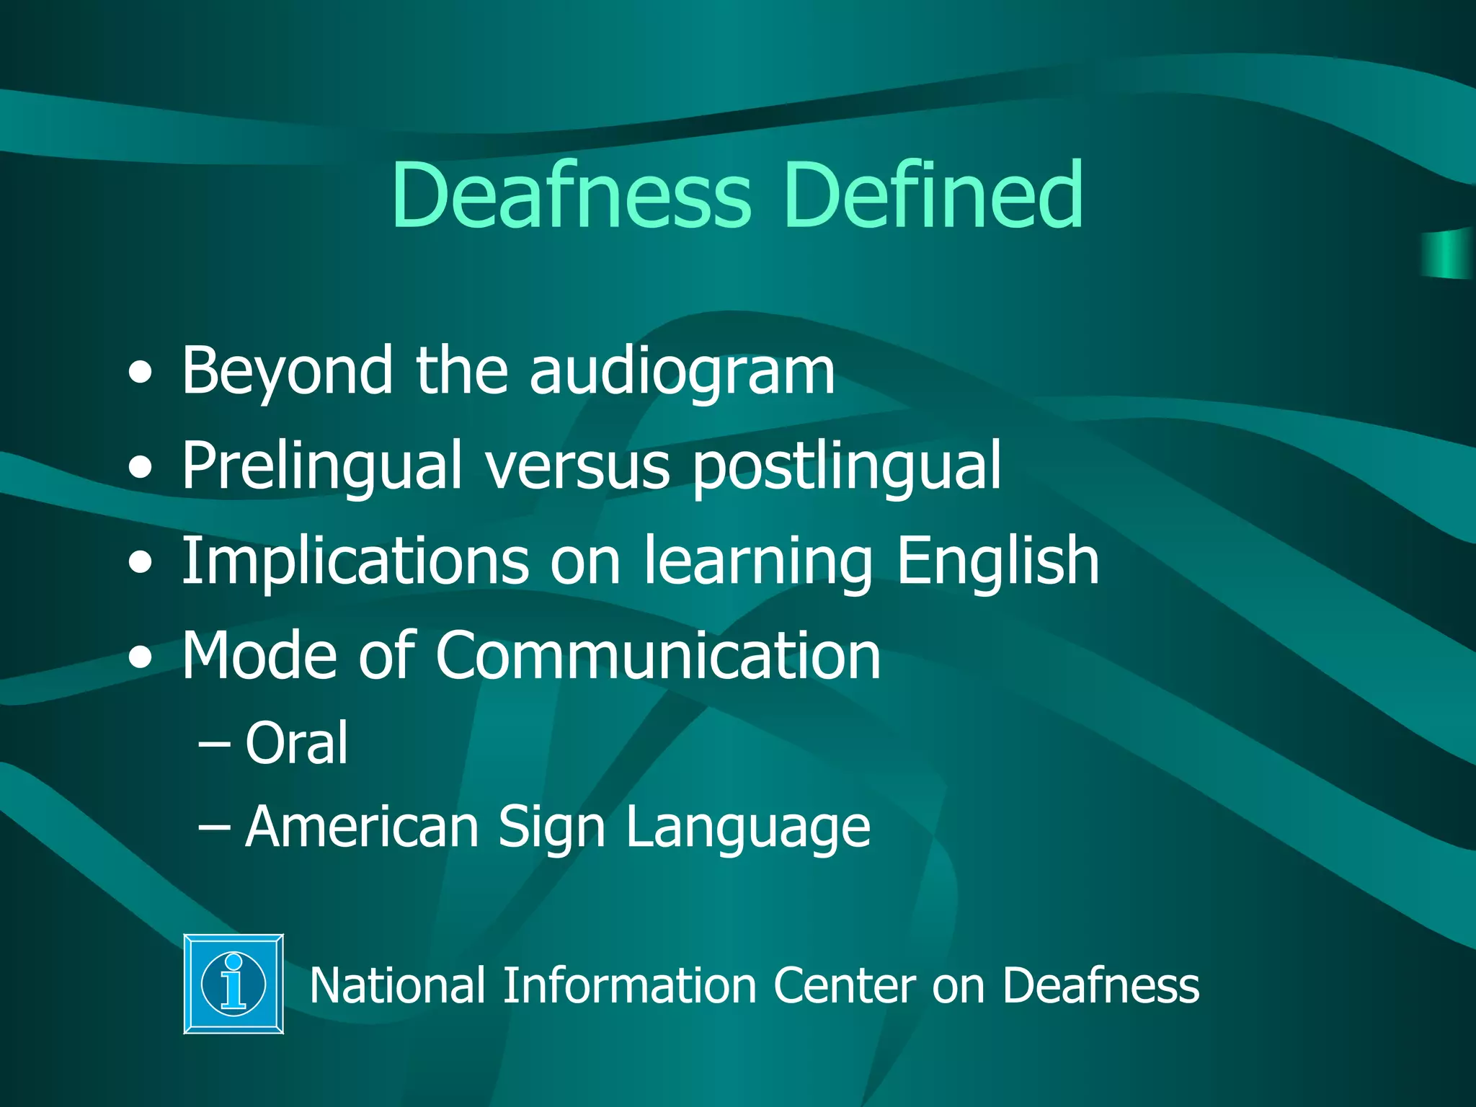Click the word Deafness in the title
coord(572,195)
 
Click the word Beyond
coord(288,371)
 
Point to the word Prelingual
coord(321,466)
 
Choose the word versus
coord(577,466)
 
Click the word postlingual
coord(846,466)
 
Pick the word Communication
coord(657,655)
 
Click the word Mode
coord(259,655)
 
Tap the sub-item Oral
coord(296,743)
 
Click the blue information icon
coord(234,984)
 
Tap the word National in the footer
coord(397,985)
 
